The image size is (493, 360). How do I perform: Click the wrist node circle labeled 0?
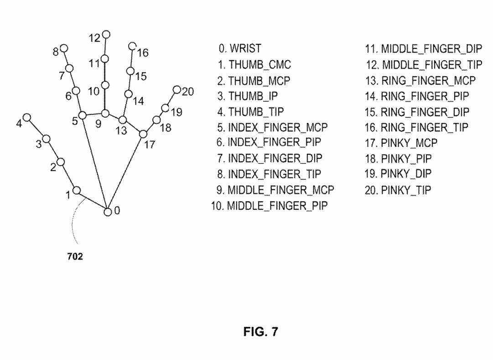(x=108, y=212)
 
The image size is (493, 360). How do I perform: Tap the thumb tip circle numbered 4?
(x=27, y=117)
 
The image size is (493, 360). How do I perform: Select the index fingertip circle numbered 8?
(x=64, y=48)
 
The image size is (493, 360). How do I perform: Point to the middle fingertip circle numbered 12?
(x=106, y=34)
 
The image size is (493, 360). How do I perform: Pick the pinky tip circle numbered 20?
(x=176, y=89)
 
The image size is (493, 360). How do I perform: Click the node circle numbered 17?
(x=143, y=134)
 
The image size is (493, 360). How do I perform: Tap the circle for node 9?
(x=105, y=113)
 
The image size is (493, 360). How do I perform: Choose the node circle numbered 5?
(x=82, y=115)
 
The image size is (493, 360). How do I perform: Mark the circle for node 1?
(x=77, y=190)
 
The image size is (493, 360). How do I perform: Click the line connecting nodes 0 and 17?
(x=125, y=172)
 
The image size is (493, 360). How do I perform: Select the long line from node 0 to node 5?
(x=95, y=163)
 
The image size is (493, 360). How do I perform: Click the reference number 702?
(x=75, y=257)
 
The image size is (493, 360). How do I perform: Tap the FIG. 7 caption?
(x=260, y=332)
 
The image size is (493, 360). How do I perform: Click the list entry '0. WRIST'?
(x=240, y=48)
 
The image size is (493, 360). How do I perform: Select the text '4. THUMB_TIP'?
(x=250, y=111)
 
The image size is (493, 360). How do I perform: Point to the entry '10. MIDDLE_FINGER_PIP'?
(x=269, y=206)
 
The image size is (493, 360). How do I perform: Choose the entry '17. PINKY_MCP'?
(x=401, y=143)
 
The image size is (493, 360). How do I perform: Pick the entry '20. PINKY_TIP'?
(x=398, y=190)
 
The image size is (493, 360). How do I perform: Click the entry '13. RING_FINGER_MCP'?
(x=420, y=81)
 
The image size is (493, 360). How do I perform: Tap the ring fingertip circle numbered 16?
(x=132, y=46)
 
